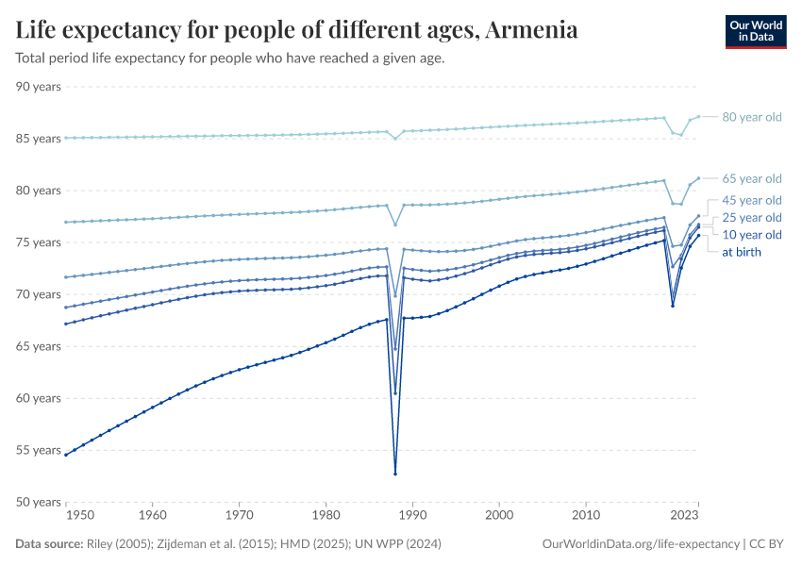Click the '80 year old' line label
(x=752, y=117)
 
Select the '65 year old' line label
(x=752, y=178)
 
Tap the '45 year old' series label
(x=752, y=200)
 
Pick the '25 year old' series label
(x=752, y=218)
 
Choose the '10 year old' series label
(x=752, y=235)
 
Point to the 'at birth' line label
(x=742, y=252)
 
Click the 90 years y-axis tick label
(x=39, y=87)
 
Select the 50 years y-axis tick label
(x=39, y=502)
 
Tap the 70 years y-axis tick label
(x=39, y=294)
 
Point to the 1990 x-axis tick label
(x=412, y=516)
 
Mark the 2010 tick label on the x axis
(x=586, y=516)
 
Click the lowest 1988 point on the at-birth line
(x=395, y=474)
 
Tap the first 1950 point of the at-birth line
(x=65, y=455)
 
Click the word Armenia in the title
(x=532, y=30)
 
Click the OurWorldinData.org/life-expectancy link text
(x=642, y=544)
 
